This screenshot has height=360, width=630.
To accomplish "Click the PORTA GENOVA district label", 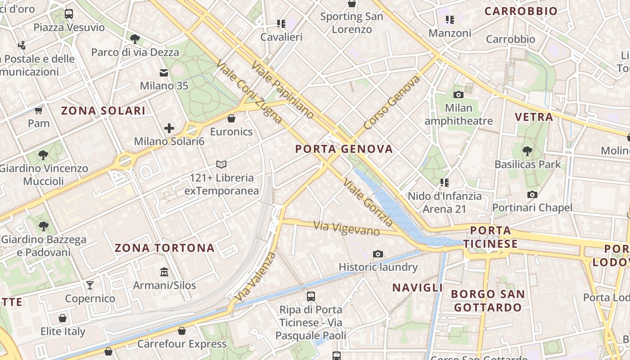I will click(344, 149).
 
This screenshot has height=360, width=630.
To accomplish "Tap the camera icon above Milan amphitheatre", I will click(459, 94).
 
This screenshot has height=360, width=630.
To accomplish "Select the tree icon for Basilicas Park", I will click(527, 151).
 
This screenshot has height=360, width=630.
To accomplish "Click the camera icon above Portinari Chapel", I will click(532, 194).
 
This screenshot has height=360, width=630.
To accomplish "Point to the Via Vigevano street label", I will click(347, 229).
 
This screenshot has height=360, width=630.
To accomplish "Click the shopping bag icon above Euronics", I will click(231, 118).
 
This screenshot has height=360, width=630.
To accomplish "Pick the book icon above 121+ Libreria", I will click(221, 164).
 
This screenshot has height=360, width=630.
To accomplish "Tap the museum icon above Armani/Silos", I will click(164, 272).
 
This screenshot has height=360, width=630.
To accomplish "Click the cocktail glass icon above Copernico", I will click(90, 285).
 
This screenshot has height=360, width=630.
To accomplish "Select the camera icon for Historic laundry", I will click(378, 254).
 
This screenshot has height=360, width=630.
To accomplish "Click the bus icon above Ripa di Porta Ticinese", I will click(311, 296).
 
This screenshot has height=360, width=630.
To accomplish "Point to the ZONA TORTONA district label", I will click(164, 248).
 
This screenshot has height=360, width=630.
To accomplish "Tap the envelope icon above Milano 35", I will click(164, 72).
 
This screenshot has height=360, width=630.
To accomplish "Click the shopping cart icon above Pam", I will click(39, 110).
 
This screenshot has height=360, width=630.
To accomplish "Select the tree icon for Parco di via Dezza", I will click(135, 39).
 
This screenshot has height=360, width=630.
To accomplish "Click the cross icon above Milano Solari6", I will click(169, 128).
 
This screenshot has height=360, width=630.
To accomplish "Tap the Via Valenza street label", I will click(255, 277).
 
